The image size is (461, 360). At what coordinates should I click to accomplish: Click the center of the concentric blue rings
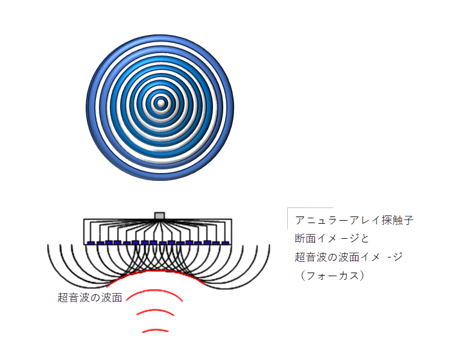[x=160, y=104]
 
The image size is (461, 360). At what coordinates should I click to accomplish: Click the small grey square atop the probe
[x=159, y=215]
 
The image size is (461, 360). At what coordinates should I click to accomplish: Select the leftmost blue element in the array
[x=91, y=243]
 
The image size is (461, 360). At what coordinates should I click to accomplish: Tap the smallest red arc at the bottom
[x=156, y=330]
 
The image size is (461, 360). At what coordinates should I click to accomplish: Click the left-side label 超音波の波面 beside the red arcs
[x=90, y=297]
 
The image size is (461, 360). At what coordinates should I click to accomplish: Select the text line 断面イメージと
[x=331, y=238]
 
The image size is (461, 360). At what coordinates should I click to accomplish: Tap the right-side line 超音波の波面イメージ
[x=348, y=257]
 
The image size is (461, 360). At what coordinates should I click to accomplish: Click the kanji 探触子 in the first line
[x=396, y=220]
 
